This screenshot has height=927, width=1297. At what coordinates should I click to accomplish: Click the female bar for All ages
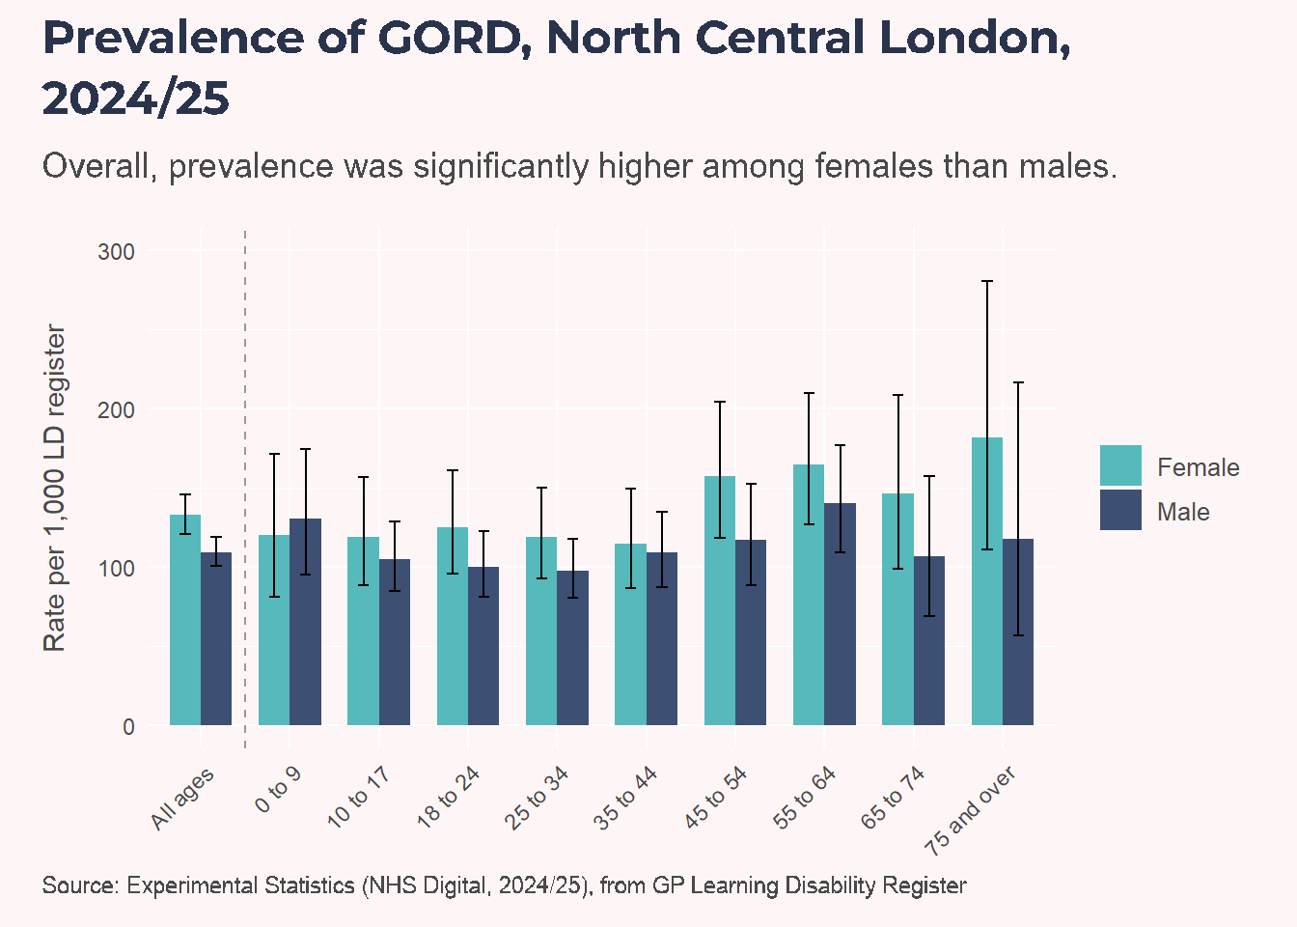[185, 619]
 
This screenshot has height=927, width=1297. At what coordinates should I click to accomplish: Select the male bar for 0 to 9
[305, 622]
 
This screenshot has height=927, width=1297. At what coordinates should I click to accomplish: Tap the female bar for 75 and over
[987, 581]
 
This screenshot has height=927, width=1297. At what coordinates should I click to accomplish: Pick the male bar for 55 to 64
[841, 614]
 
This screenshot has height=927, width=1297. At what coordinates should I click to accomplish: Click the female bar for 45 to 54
[720, 601]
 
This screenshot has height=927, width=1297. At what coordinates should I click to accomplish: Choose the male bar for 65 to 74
[929, 640]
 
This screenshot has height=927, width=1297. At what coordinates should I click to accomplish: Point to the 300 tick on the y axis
[116, 252]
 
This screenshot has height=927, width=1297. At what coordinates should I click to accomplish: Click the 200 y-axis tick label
[116, 410]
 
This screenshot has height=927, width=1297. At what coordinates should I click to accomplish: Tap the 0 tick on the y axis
[128, 726]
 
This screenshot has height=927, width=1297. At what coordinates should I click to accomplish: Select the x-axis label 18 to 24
[448, 798]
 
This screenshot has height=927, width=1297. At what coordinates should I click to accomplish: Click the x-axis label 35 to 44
[625, 798]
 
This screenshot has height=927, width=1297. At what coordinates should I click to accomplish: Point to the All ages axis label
[182, 799]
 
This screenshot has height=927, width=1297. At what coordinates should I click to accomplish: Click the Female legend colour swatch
[1120, 465]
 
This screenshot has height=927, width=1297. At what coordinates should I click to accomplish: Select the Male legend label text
[1183, 512]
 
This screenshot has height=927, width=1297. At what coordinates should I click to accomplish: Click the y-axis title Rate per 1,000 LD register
[54, 488]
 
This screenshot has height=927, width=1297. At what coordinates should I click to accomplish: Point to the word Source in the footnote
[80, 885]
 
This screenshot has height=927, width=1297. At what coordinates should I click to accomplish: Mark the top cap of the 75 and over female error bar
[987, 281]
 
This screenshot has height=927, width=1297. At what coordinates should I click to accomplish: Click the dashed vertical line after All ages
[245, 489]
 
